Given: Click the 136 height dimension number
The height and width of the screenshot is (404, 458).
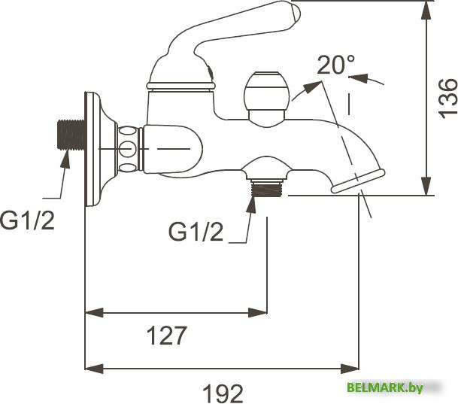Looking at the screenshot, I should coord(447,96).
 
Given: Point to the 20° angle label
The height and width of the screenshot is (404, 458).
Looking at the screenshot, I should coord(335,65).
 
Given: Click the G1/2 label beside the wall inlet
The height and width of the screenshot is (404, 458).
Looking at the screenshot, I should coord(27,221).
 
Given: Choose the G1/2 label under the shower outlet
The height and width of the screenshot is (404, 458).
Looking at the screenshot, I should coord(196,232).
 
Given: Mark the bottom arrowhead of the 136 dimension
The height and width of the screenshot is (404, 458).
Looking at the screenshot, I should coord(426,187).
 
